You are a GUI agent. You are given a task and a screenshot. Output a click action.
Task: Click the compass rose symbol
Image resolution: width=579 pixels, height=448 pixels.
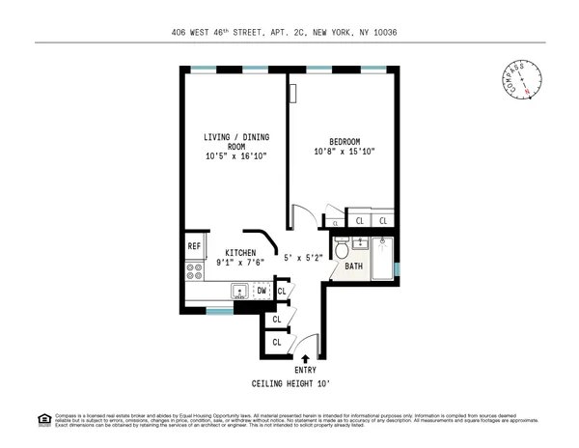(521, 80)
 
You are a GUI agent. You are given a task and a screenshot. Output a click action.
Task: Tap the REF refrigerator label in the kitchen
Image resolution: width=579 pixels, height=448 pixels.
(194, 246)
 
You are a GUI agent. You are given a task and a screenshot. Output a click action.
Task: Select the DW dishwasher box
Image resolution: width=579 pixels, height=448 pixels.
(262, 290)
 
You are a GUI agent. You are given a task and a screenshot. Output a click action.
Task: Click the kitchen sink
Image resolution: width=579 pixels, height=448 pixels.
(237, 291)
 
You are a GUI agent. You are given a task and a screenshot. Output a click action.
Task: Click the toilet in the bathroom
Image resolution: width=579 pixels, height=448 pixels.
(342, 250)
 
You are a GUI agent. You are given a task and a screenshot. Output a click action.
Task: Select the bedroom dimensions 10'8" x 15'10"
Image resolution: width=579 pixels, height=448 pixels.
(345, 152)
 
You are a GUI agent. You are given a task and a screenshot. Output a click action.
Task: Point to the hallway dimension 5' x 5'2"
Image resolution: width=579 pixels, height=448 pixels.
(302, 258)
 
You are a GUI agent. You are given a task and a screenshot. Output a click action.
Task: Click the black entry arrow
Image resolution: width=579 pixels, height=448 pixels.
(305, 359)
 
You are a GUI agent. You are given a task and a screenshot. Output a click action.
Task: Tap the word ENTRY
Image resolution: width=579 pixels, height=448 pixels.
(305, 371)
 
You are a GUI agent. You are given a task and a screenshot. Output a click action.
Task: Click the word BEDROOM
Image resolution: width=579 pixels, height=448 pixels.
(345, 140)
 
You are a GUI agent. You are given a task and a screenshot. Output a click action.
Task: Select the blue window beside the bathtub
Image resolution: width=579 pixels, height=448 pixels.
(397, 267)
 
